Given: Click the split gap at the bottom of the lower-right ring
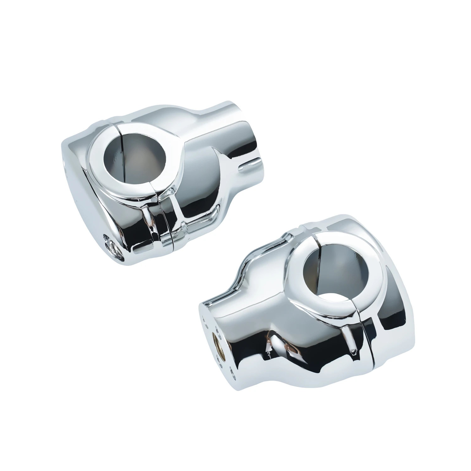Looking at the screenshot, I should click(x=360, y=308).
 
